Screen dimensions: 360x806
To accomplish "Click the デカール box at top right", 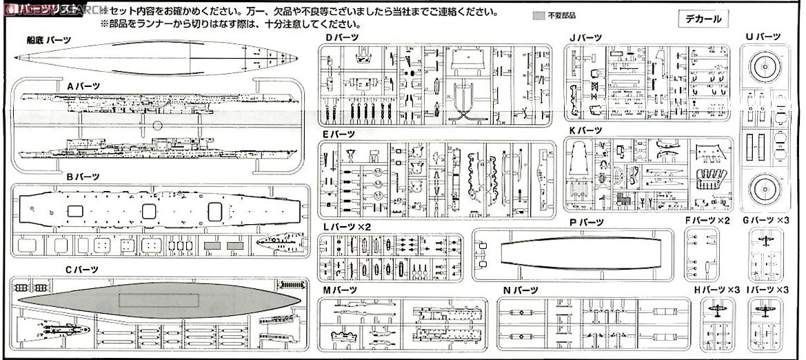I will click(x=703, y=19).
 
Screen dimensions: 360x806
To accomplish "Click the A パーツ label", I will click(x=83, y=86).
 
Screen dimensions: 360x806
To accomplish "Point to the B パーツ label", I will click(x=83, y=177).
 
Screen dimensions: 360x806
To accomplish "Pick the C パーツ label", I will click(x=82, y=269).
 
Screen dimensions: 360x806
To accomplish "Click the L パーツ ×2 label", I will click(x=347, y=226).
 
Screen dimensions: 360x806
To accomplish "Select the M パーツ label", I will click(x=341, y=290).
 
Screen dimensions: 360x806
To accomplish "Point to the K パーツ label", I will click(x=585, y=130).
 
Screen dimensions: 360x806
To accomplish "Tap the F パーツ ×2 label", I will click(x=707, y=220).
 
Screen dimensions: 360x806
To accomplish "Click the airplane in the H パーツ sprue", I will click(x=717, y=312).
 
